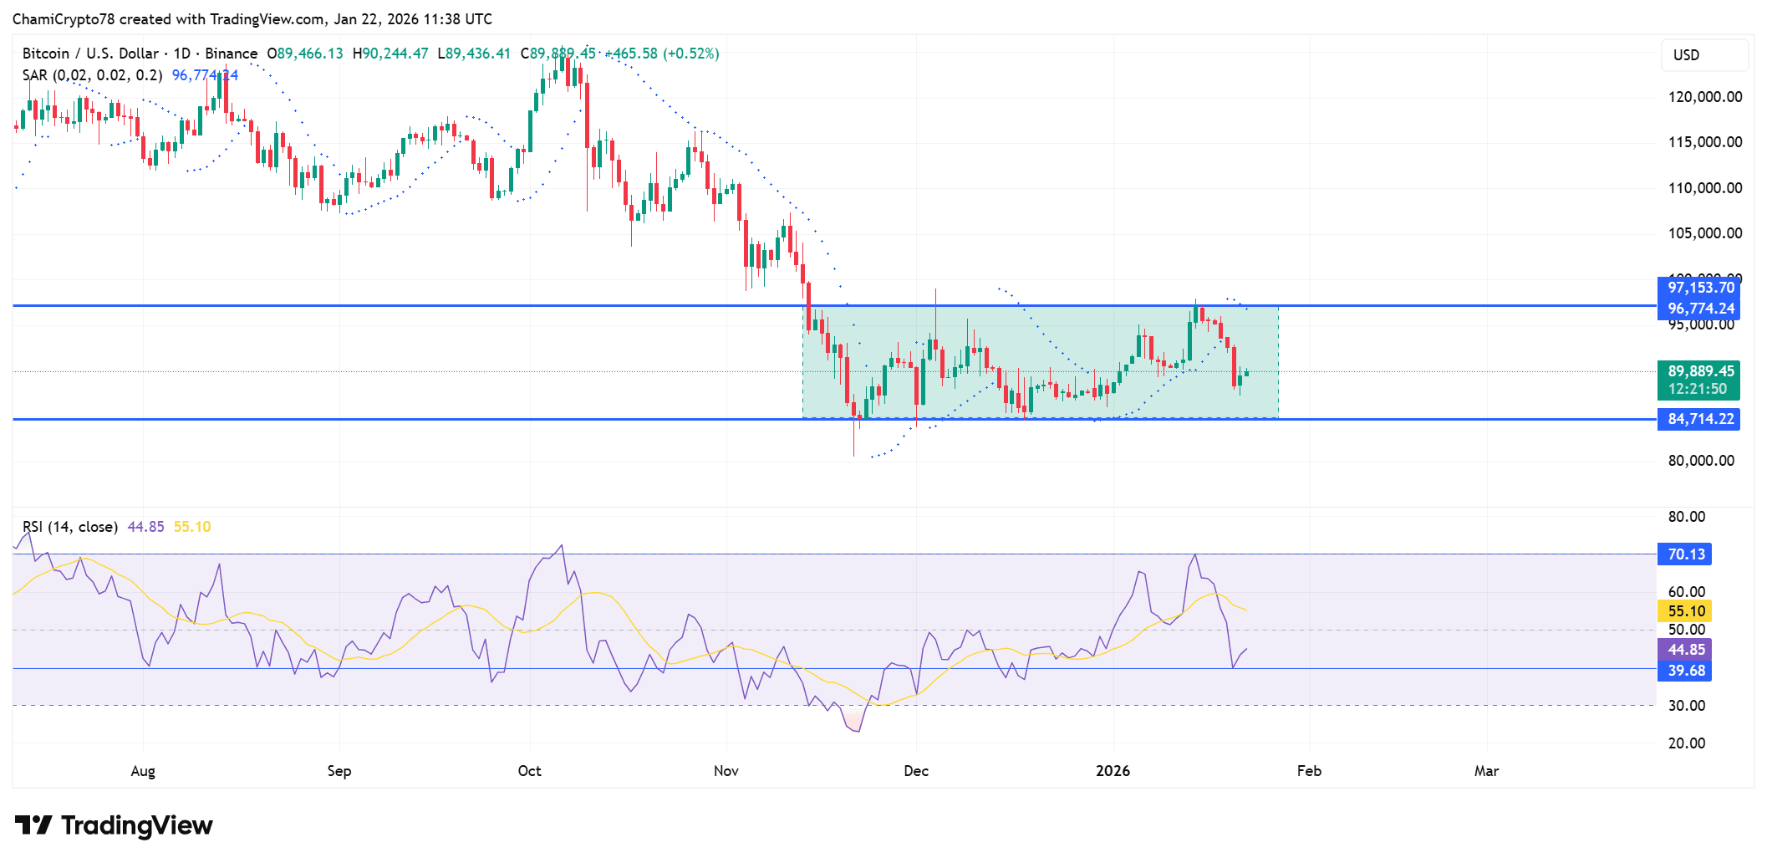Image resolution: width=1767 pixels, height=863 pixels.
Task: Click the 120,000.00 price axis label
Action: tap(1704, 97)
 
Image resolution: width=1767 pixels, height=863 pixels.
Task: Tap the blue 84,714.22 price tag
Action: tap(1699, 419)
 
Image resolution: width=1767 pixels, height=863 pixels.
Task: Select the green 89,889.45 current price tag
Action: tap(1699, 371)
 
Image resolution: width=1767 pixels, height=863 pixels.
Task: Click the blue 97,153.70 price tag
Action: tap(1699, 288)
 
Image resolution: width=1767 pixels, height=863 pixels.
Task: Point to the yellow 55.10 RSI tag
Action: tap(1685, 611)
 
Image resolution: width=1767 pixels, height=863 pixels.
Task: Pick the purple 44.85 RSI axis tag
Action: tap(1685, 650)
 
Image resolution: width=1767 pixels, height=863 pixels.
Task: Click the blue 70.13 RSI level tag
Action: tap(1685, 554)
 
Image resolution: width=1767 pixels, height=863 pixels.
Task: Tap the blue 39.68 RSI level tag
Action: tap(1685, 671)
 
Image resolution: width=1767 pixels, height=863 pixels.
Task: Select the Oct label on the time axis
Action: tap(529, 771)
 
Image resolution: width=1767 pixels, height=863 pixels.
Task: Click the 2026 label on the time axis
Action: tap(1113, 771)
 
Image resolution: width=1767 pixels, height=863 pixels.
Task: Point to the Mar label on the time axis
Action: tap(1486, 771)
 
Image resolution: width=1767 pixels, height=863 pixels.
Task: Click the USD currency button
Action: tap(1686, 55)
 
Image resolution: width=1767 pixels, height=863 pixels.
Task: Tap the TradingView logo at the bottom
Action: tap(115, 826)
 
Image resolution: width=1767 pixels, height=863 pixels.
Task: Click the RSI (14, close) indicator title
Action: tap(70, 527)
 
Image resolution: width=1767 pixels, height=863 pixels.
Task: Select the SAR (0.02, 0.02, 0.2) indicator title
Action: tap(92, 75)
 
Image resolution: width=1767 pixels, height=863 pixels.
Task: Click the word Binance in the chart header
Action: tap(231, 54)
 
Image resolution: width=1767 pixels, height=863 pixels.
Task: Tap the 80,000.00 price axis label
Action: tap(1701, 461)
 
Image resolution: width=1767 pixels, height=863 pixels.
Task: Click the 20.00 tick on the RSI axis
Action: tap(1686, 743)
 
